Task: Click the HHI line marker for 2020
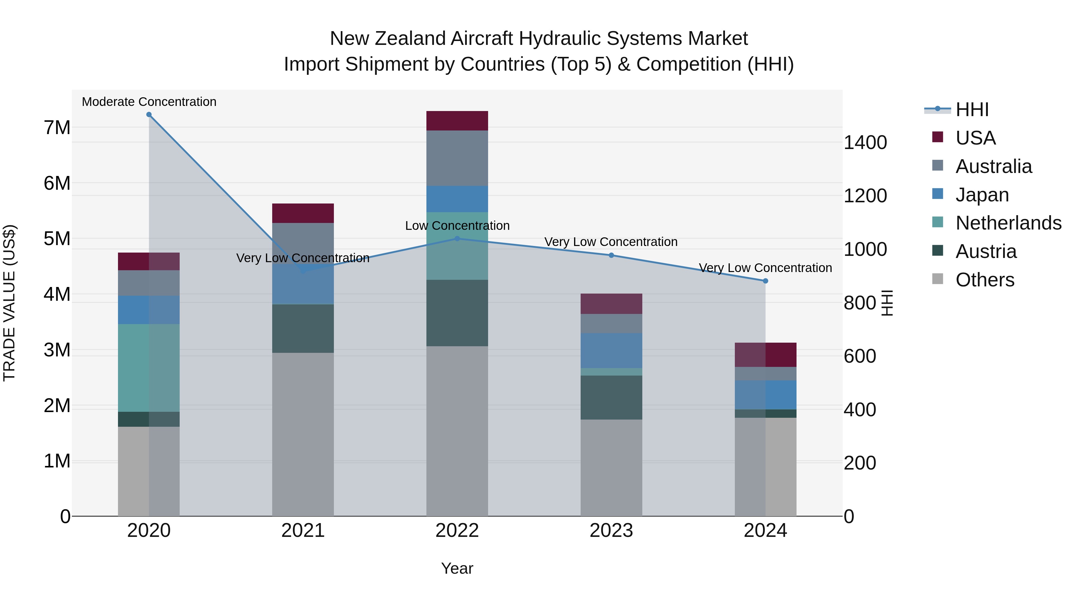[149, 115]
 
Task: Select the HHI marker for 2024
[765, 281]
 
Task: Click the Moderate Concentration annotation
[149, 102]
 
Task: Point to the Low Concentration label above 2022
[457, 226]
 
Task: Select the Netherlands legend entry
[1008, 223]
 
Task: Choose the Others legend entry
[985, 280]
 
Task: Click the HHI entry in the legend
[972, 110]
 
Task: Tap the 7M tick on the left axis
[57, 127]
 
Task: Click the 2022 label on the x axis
[457, 531]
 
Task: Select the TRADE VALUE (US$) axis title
[9, 303]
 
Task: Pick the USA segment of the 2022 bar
[457, 121]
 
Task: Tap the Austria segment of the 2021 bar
[303, 328]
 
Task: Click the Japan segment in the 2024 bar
[765, 394]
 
